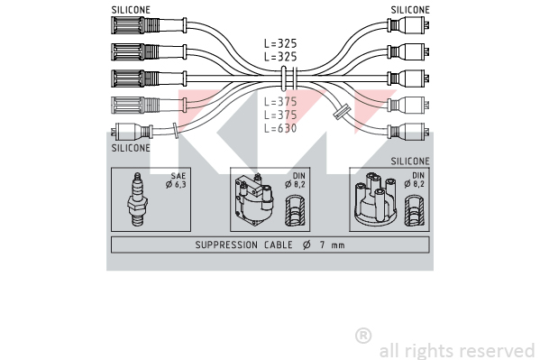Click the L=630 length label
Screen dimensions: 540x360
click(x=280, y=128)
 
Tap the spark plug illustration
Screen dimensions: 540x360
click(x=138, y=199)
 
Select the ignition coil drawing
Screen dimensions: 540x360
click(x=254, y=199)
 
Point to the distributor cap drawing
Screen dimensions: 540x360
click(x=376, y=199)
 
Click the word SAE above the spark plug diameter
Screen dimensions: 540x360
click(x=178, y=176)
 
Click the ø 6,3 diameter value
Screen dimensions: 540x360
click(x=176, y=184)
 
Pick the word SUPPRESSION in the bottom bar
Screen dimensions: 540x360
click(x=226, y=245)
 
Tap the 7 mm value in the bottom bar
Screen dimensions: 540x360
click(x=332, y=245)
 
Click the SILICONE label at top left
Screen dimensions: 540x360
click(x=131, y=10)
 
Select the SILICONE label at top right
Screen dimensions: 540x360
click(x=410, y=10)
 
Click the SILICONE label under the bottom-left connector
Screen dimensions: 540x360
click(x=131, y=148)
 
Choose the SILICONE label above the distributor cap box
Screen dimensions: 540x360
click(x=410, y=161)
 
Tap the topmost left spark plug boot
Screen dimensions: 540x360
click(x=149, y=25)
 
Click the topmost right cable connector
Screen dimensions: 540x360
click(x=408, y=25)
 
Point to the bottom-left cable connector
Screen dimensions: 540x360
click(x=132, y=132)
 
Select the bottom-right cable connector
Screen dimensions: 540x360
click(x=408, y=131)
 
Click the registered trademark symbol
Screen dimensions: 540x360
click(x=363, y=336)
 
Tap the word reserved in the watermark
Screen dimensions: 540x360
click(x=498, y=351)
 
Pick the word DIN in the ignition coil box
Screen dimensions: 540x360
click(x=299, y=176)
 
